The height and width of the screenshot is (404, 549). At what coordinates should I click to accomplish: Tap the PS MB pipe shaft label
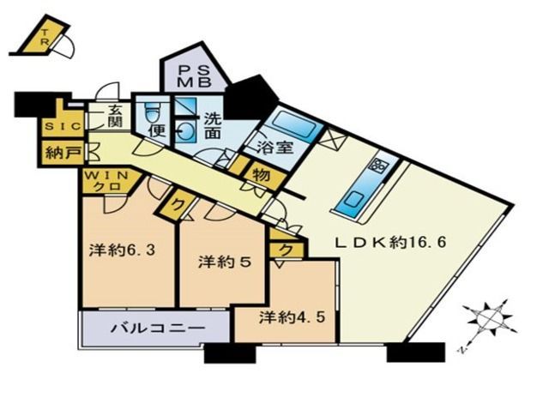[193, 76]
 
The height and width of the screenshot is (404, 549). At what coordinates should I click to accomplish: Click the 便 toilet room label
[158, 131]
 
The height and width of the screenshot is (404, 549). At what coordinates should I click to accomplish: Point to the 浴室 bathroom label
[274, 148]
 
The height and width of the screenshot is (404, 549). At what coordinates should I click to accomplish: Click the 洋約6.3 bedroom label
[122, 250]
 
